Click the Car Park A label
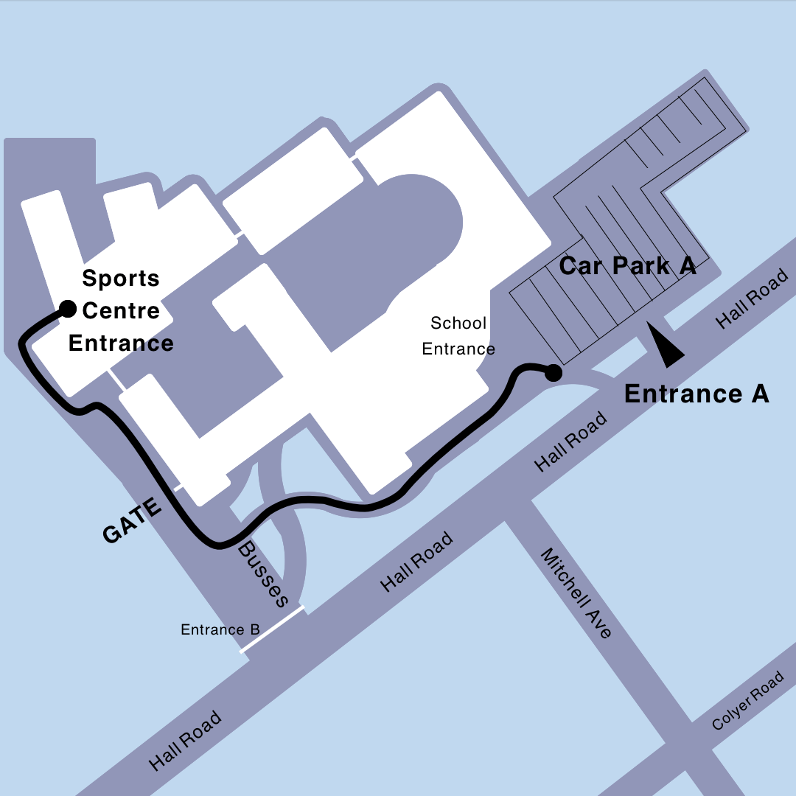pyautogui.click(x=627, y=266)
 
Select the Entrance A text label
pyautogui.click(x=696, y=394)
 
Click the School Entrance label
pyautogui.click(x=458, y=335)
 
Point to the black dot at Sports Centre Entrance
pyautogui.click(x=68, y=308)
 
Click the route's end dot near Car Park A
pyautogui.click(x=553, y=374)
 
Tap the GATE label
pyautogui.click(x=133, y=521)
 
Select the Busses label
pyautogui.click(x=263, y=575)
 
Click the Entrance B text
pyautogui.click(x=220, y=630)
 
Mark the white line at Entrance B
pyautogui.click(x=272, y=629)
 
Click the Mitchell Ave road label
pyautogui.click(x=576, y=593)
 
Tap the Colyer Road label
pyautogui.click(x=747, y=701)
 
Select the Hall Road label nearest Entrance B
pyautogui.click(x=417, y=562)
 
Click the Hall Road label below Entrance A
pyautogui.click(x=571, y=441)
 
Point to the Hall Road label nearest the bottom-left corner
pyautogui.click(x=185, y=740)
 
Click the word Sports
pyautogui.click(x=121, y=279)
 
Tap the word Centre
pyautogui.click(x=121, y=311)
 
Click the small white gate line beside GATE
pyautogui.click(x=178, y=488)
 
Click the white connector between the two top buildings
pyautogui.click(x=354, y=157)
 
